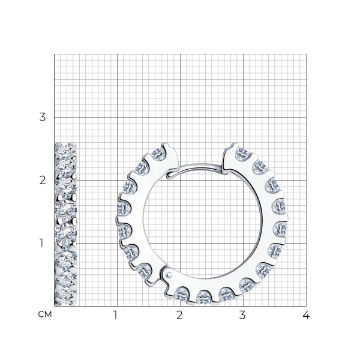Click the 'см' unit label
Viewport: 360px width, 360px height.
coord(45,314)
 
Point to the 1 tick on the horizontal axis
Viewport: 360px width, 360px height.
coord(115,315)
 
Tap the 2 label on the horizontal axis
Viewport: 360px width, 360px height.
coord(179,315)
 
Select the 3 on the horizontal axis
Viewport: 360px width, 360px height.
coord(242,315)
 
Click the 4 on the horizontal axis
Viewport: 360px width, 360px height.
coord(306,315)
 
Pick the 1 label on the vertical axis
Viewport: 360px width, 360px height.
coord(41,243)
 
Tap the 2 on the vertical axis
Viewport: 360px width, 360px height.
coord(43,181)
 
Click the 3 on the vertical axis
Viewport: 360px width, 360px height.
coord(43,118)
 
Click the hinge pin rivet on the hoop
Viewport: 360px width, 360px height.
coord(169,274)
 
